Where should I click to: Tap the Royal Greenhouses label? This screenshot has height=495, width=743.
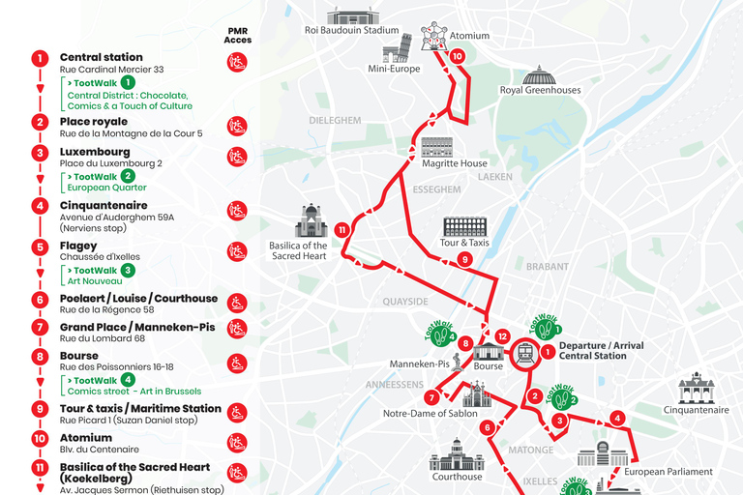tap(540, 91)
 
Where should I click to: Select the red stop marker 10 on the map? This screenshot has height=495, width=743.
tap(458, 56)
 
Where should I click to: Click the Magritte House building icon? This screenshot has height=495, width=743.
tap(437, 148)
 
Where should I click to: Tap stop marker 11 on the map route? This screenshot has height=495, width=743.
tap(342, 230)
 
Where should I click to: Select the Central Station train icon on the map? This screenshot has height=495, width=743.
tap(526, 353)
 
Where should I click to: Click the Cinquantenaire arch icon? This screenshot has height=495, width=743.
tap(696, 388)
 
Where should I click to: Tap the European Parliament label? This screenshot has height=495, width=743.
tap(668, 472)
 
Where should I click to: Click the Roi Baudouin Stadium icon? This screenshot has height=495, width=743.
tap(349, 15)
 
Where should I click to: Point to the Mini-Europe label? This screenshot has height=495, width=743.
tap(393, 70)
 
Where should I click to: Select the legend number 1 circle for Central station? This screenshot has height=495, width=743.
tap(40, 58)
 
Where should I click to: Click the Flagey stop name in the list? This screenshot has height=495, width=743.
tap(78, 246)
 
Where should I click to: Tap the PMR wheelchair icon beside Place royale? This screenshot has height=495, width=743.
tap(237, 126)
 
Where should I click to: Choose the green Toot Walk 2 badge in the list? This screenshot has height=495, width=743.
tap(128, 177)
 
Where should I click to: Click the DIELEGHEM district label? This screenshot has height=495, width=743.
tap(335, 121)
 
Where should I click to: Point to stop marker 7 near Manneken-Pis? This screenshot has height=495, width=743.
tap(431, 397)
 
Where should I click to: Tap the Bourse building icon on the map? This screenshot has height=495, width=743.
tap(489, 349)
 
